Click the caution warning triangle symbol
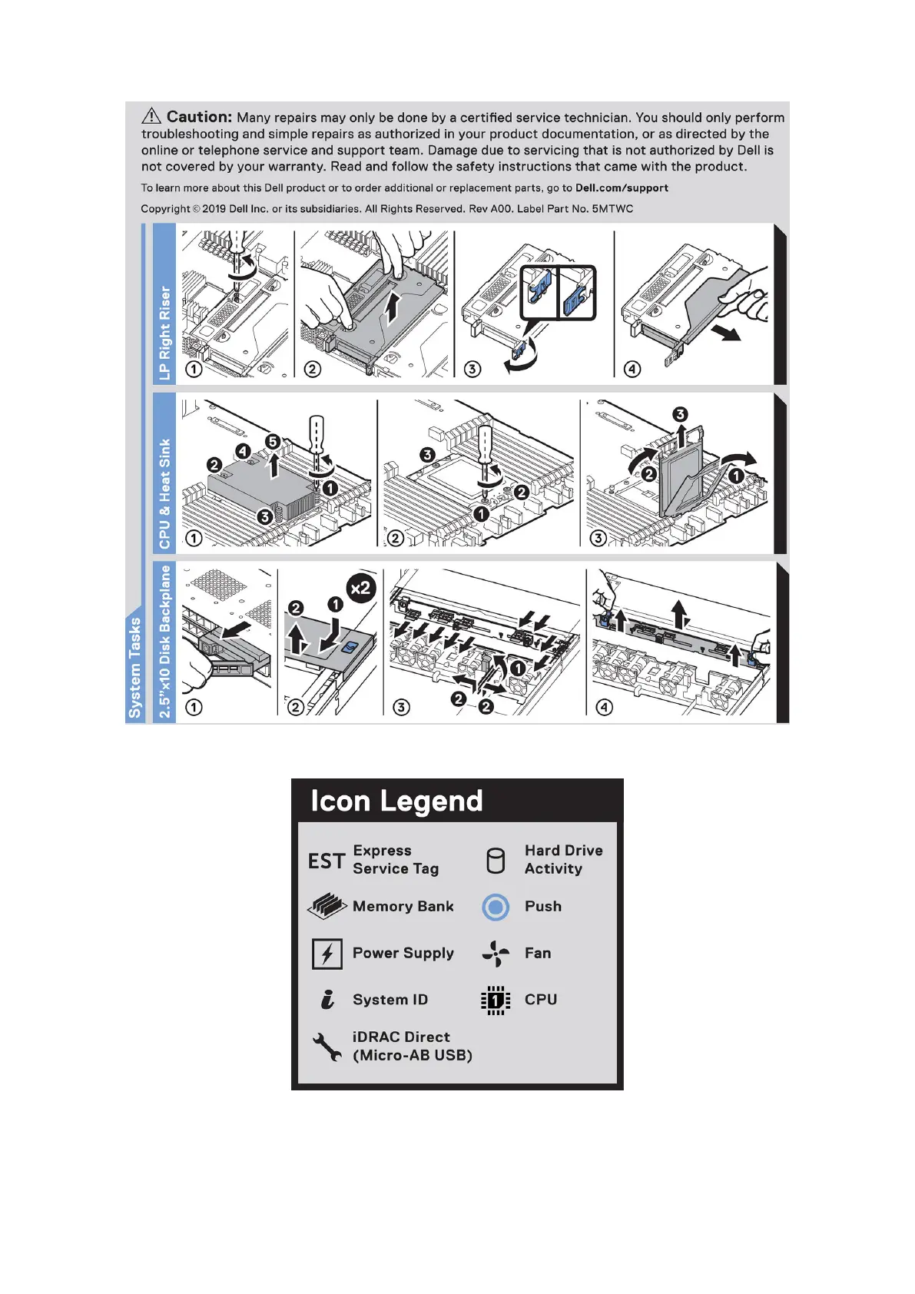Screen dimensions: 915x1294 click(151, 116)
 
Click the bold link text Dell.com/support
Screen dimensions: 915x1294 click(622, 188)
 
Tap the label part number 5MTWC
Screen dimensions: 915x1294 click(612, 209)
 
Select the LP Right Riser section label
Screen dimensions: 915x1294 click(164, 333)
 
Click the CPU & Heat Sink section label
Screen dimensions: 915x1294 click(164, 494)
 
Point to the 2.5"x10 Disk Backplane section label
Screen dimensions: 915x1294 click(164, 642)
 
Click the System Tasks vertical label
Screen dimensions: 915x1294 click(135, 667)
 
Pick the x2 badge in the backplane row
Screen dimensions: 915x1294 click(360, 589)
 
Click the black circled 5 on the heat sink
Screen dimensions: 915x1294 click(272, 442)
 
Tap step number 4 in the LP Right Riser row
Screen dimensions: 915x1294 click(632, 369)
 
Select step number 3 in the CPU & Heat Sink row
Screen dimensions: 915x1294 click(597, 538)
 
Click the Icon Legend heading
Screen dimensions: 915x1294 click(396, 801)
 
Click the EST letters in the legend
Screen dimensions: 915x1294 click(327, 861)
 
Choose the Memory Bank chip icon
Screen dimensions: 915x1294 click(327, 907)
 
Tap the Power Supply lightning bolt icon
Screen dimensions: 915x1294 click(327, 954)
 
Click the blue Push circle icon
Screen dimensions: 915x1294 click(496, 907)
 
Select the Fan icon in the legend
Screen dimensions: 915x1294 click(496, 954)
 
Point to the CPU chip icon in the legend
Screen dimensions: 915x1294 click(496, 1000)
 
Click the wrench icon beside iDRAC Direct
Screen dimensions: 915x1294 click(327, 1047)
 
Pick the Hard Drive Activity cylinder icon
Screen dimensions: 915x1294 click(496, 861)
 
